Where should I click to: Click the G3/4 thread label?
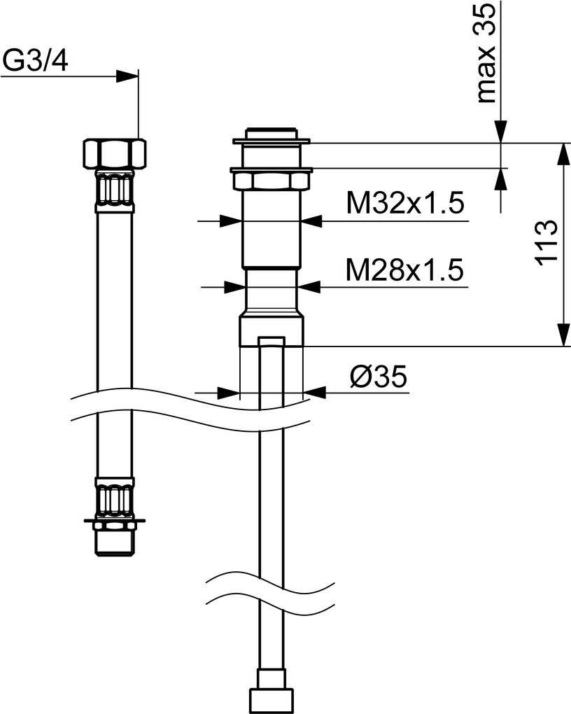[x=35, y=61]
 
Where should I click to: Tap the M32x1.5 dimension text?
[x=404, y=202]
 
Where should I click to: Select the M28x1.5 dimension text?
[x=404, y=269]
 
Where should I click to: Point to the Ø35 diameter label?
[x=379, y=377]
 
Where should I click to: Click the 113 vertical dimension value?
[x=546, y=242]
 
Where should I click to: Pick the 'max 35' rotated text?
[x=486, y=52]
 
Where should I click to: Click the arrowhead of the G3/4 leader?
[x=127, y=76]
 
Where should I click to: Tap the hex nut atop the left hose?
[x=115, y=154]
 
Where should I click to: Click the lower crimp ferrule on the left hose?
[x=115, y=498]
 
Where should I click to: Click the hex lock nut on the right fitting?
[x=271, y=179]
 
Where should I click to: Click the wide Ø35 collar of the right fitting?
[x=272, y=332]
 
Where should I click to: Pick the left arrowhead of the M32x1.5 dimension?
[x=230, y=221]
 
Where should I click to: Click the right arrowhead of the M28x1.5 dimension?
[x=309, y=287]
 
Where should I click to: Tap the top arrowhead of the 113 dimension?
[x=563, y=153]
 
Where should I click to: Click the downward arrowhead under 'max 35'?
[x=501, y=132]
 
